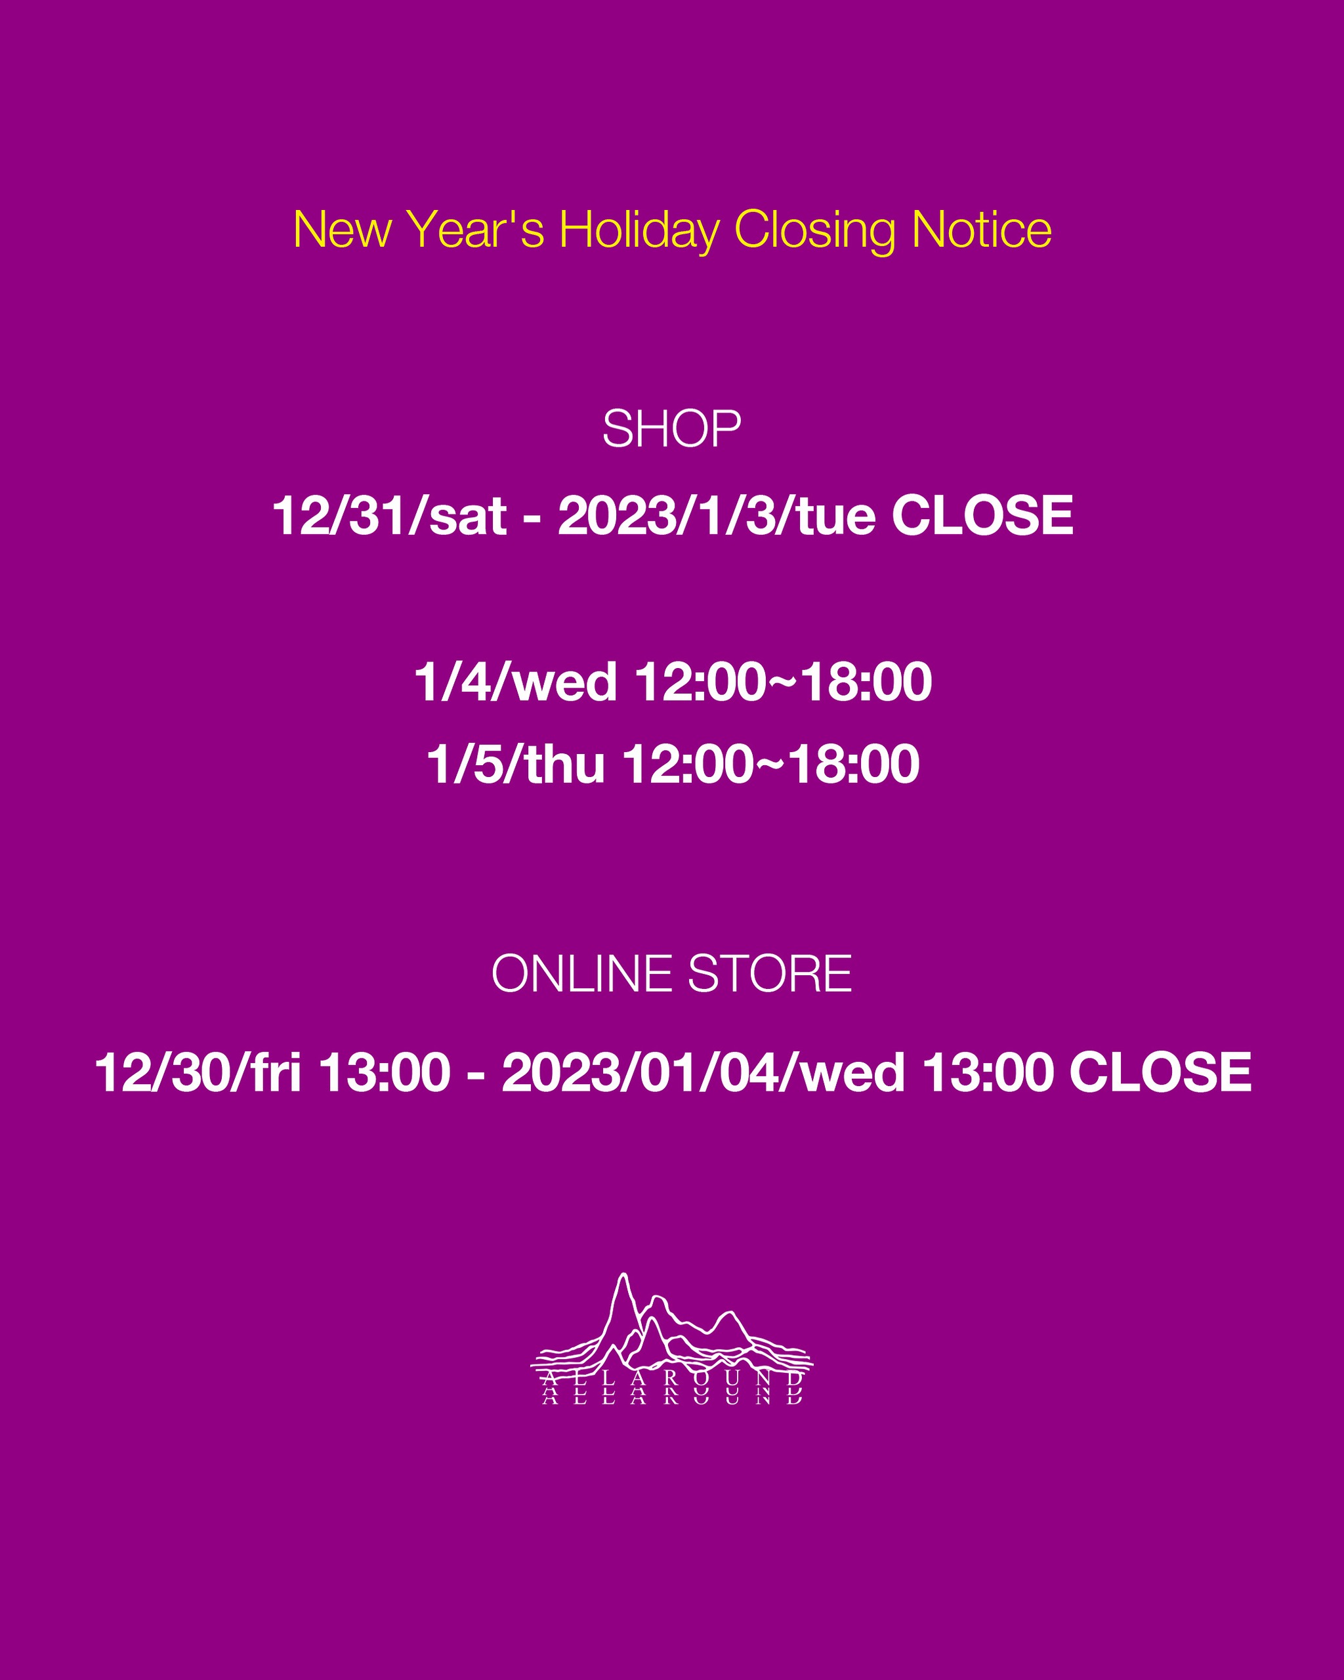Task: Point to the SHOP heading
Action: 671,429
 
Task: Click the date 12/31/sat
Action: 390,516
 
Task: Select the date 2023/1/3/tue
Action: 716,516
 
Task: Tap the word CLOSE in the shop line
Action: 982,516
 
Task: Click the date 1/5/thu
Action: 515,765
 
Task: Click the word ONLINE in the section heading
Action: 581,974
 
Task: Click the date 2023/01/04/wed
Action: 703,1072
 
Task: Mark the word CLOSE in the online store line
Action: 1160,1072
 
